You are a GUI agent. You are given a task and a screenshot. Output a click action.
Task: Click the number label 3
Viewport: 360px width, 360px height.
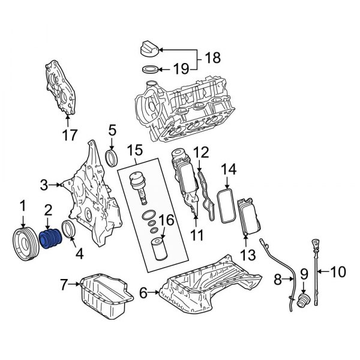(x=44, y=184)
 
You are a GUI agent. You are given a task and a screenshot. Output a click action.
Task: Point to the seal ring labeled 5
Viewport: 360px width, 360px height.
(x=112, y=158)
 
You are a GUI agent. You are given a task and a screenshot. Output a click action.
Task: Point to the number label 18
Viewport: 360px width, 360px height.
(x=212, y=58)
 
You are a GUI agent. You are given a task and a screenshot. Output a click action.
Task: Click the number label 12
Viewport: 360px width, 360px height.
(x=201, y=152)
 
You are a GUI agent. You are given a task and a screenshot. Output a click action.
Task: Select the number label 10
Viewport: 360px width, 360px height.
(x=338, y=272)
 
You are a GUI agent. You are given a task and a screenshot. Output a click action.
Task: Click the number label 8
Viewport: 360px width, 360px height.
(x=277, y=279)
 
